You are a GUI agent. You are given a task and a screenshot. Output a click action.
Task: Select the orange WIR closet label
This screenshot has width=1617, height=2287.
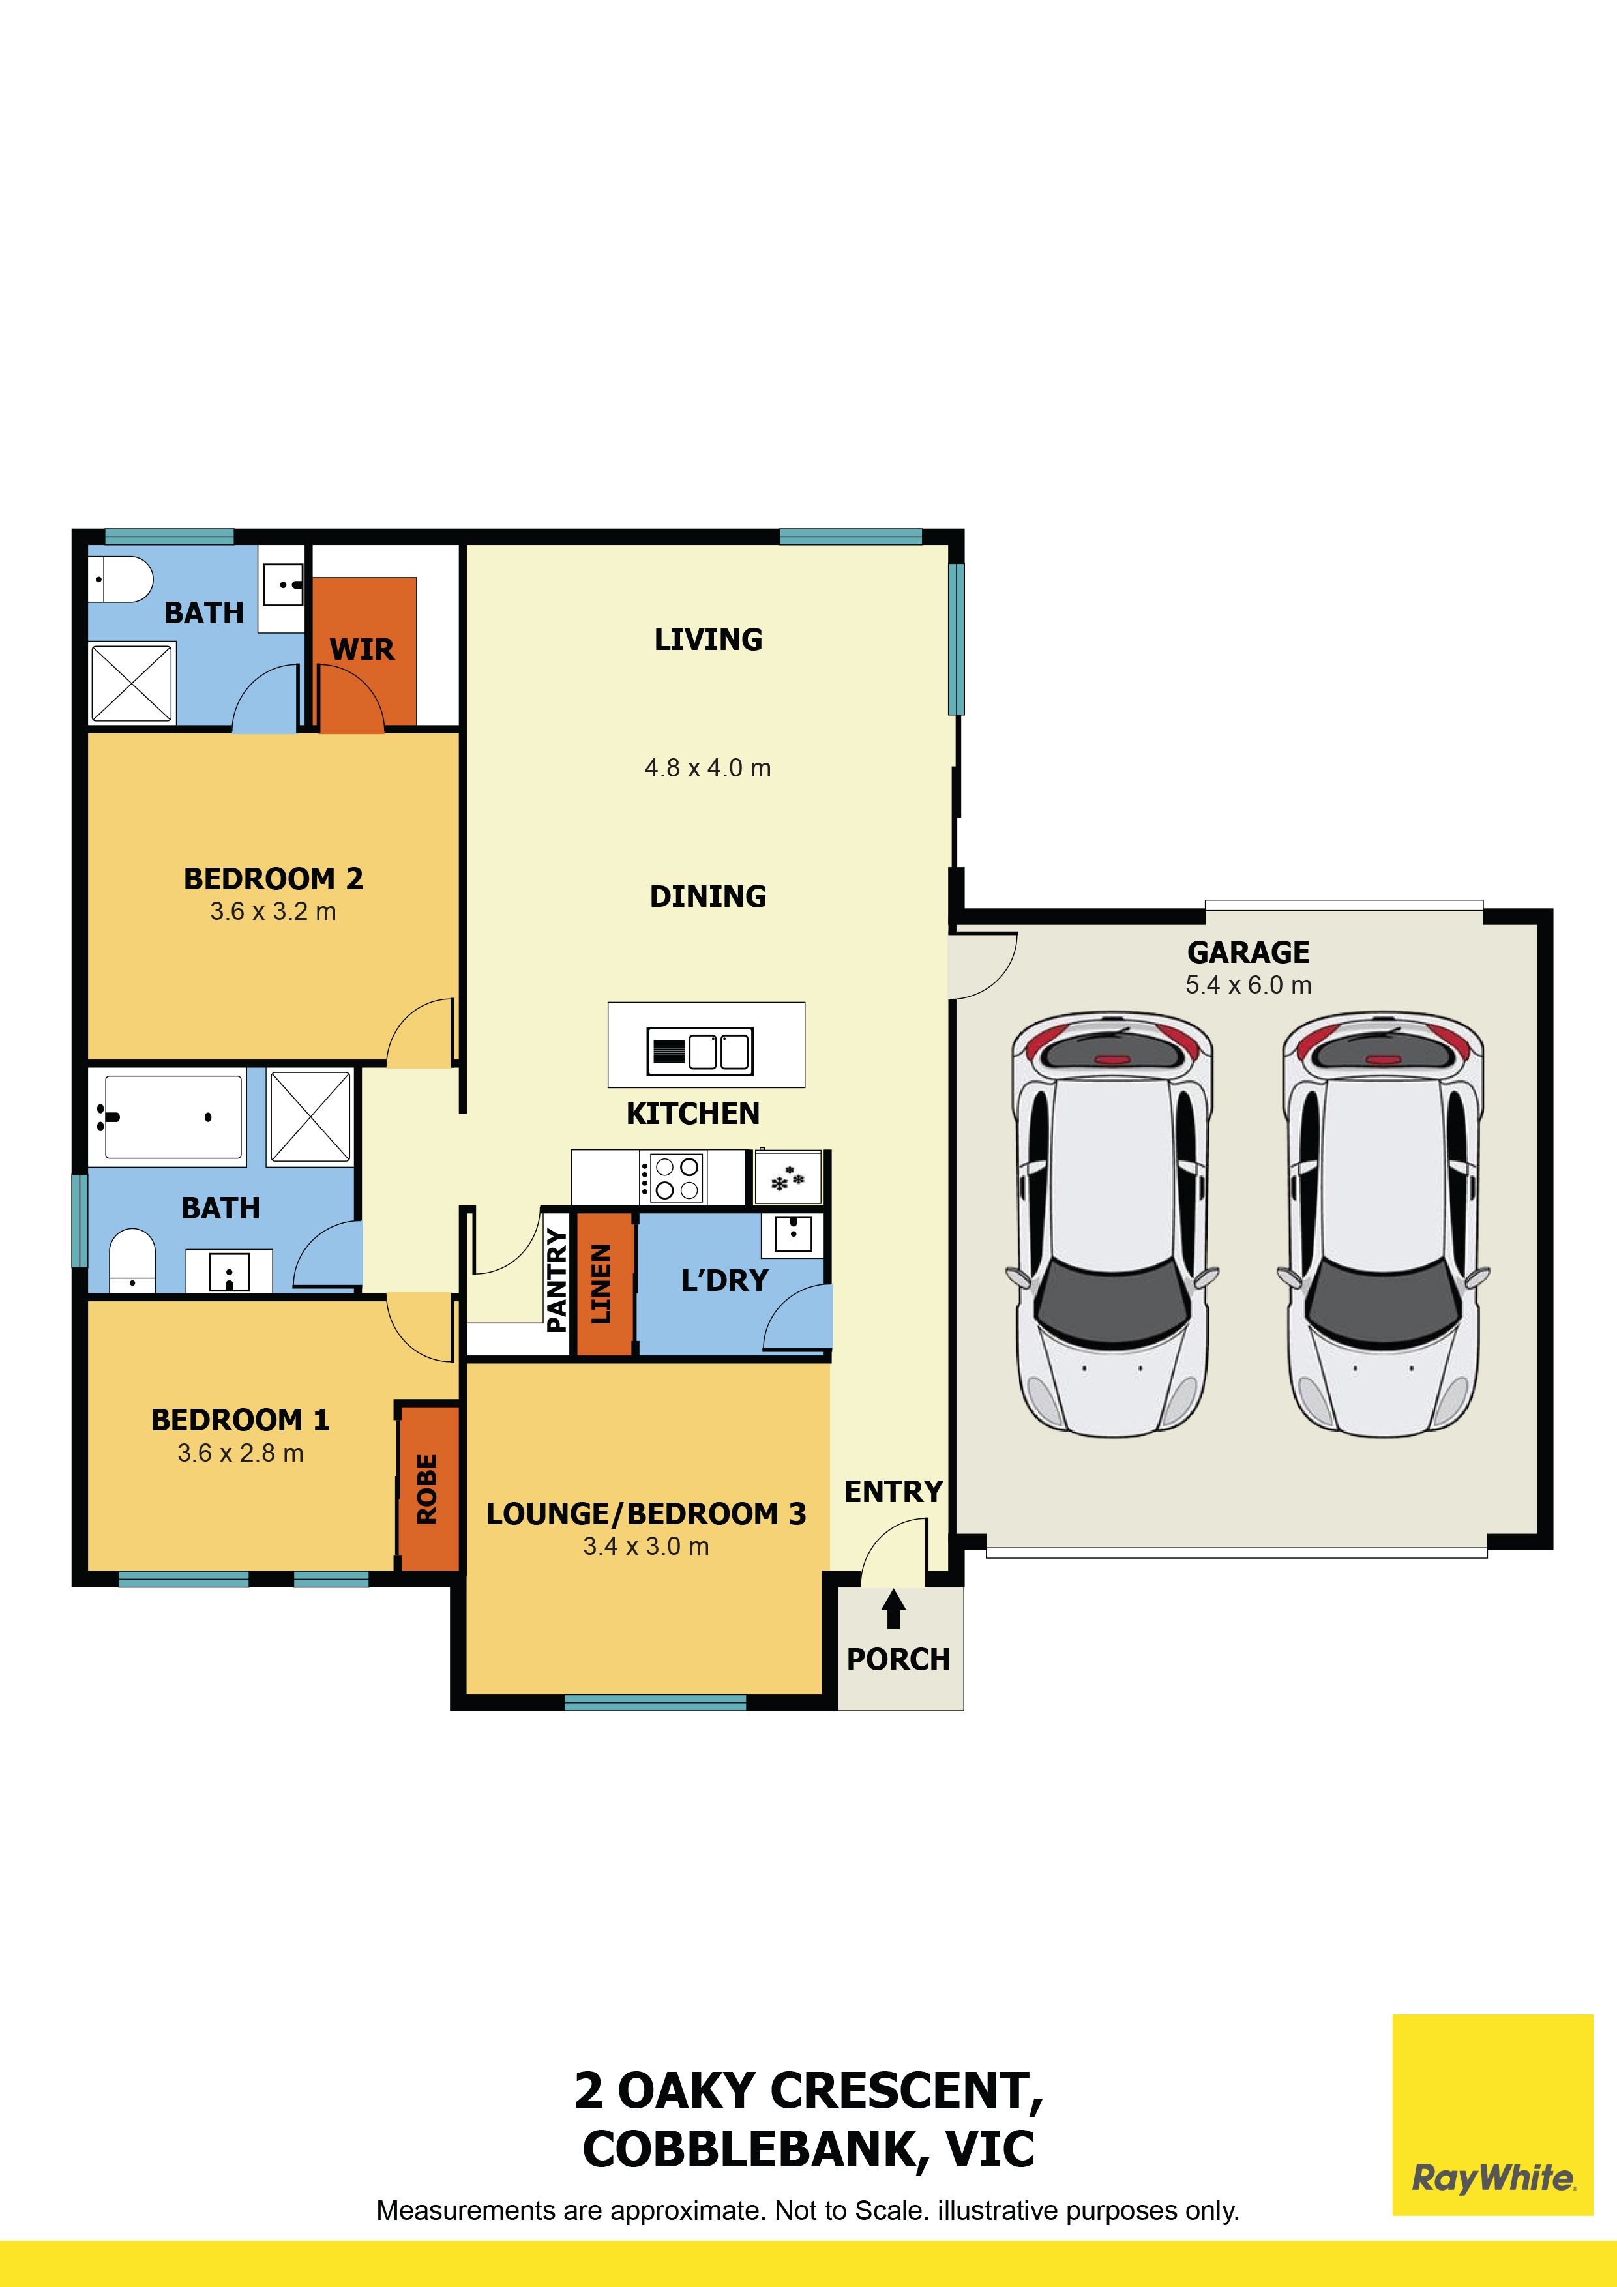pos(362,649)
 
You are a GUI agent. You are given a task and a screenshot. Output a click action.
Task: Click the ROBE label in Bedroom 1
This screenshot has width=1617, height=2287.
pos(426,1489)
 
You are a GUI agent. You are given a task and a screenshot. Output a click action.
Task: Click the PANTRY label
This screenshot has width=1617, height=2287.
pos(557,1280)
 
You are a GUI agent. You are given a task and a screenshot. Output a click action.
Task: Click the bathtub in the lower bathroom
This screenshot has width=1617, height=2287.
pos(173,1117)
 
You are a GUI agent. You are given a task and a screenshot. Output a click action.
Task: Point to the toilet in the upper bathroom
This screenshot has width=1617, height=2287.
pos(121,579)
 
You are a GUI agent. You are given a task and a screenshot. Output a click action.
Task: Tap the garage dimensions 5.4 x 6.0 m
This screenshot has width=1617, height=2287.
pos(1249,985)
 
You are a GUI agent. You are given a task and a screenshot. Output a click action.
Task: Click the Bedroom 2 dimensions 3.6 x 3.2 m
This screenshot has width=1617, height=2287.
pos(273,911)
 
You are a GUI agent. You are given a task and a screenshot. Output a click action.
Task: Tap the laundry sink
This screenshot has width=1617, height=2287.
pos(793,1233)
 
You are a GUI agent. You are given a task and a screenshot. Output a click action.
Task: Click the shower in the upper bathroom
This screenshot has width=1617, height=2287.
pos(132,683)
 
